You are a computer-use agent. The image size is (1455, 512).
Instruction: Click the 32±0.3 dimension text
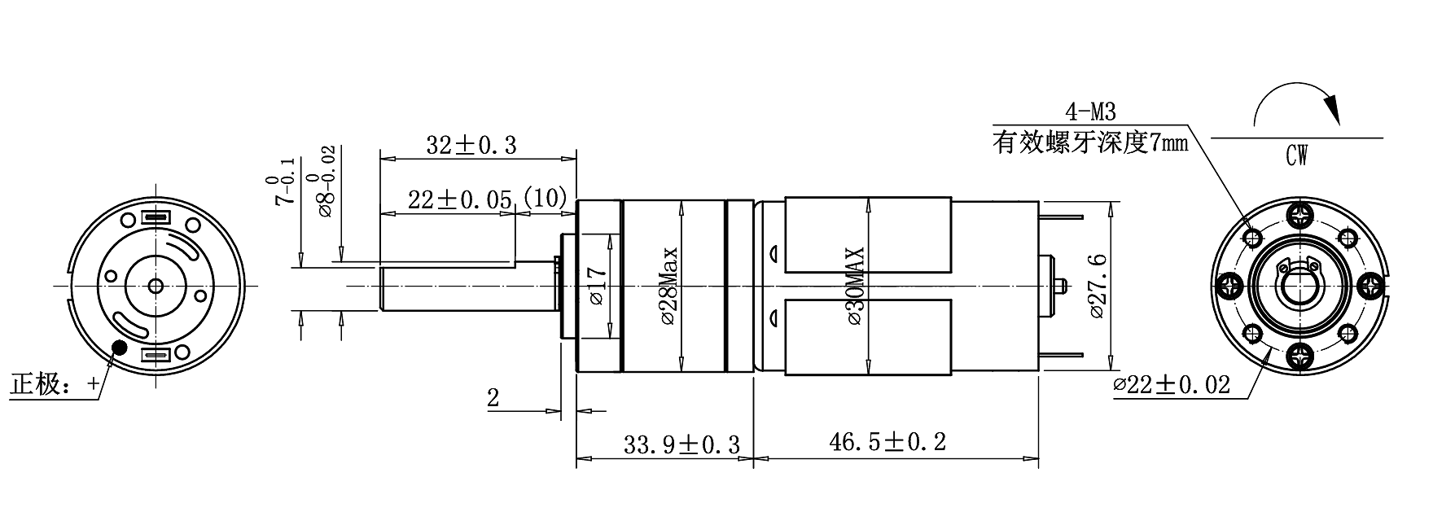point(471,145)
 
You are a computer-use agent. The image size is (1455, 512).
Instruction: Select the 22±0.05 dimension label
point(460,200)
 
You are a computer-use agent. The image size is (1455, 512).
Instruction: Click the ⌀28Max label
point(668,287)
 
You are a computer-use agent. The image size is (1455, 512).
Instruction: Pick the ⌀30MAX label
point(856,287)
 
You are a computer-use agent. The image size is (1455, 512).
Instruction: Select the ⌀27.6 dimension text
point(1097,287)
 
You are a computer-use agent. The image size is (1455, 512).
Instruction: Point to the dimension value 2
point(493,399)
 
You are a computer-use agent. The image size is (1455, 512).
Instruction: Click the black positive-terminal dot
point(120,348)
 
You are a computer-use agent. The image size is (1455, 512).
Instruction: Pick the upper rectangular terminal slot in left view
point(156,218)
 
